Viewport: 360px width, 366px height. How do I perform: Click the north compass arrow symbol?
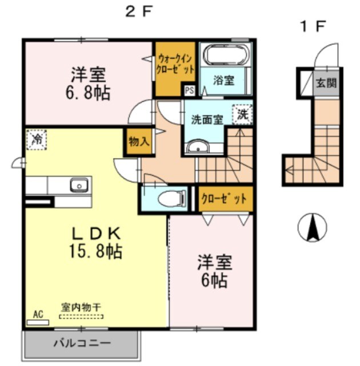313,229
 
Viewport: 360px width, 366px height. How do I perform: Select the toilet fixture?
171,198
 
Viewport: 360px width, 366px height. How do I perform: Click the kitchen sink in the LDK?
78,185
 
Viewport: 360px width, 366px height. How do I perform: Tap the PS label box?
189,90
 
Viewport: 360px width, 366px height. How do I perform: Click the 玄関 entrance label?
326,83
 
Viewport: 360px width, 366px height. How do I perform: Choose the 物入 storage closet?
139,141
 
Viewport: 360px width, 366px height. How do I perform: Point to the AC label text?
38,314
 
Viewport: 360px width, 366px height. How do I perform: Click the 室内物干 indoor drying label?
81,307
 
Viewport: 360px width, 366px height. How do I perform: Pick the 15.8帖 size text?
96,251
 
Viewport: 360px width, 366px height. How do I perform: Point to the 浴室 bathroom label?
223,81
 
